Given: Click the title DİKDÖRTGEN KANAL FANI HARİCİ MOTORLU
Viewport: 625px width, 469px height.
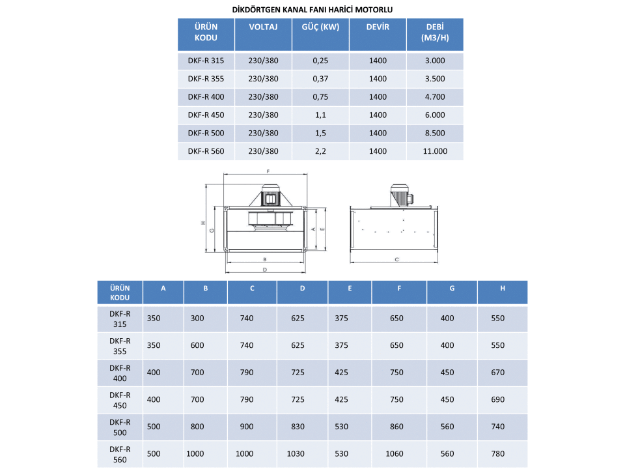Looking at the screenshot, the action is [312, 10].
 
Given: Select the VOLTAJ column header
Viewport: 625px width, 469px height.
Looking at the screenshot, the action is [263, 27].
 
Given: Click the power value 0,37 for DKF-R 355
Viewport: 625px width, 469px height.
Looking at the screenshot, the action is [320, 79].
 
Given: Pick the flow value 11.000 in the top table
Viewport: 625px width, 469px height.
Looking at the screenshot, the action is [435, 151].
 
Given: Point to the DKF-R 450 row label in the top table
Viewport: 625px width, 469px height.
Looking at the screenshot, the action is [206, 115].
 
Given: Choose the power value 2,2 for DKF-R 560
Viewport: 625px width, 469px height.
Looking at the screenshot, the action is [320, 151].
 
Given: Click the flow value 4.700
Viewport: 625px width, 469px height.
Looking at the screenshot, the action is [435, 97].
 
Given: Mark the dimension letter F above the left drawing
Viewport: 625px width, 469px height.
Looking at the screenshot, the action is [268, 171].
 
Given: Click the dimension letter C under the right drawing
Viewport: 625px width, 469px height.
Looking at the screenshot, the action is [397, 260].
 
